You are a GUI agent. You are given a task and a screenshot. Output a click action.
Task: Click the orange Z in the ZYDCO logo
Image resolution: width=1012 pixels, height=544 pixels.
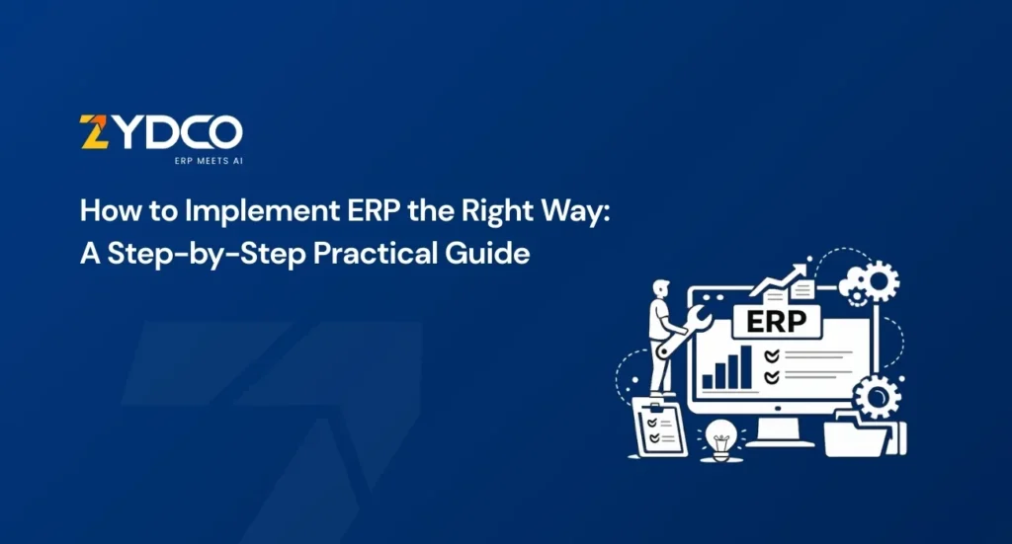point(94,131)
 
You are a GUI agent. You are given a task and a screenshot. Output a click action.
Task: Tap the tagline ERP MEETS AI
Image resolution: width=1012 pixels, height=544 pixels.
point(209,161)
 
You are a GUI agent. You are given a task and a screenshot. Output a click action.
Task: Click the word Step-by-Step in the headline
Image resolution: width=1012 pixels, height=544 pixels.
point(206,254)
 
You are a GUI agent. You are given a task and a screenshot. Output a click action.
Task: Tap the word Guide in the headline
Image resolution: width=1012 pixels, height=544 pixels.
point(487,253)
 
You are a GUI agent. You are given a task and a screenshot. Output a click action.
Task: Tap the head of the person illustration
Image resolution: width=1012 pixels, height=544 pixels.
point(661,287)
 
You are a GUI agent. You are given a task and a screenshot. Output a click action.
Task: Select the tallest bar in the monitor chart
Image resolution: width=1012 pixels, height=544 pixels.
point(745,366)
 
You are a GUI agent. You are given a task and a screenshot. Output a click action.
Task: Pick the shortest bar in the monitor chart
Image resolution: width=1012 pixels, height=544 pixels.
point(708,381)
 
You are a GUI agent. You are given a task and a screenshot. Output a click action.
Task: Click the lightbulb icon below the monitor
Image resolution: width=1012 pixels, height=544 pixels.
point(720,440)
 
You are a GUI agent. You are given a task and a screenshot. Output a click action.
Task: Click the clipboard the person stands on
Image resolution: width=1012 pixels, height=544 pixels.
point(659,427)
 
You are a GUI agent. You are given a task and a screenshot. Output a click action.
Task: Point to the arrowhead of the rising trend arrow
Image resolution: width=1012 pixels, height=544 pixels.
point(801,269)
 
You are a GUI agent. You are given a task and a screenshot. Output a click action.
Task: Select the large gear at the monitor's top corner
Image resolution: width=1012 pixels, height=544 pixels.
point(879,281)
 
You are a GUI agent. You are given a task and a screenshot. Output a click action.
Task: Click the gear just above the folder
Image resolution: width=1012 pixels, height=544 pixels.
point(877,396)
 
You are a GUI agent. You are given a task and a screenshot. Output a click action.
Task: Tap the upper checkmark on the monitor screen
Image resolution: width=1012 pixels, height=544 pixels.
point(771,355)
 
